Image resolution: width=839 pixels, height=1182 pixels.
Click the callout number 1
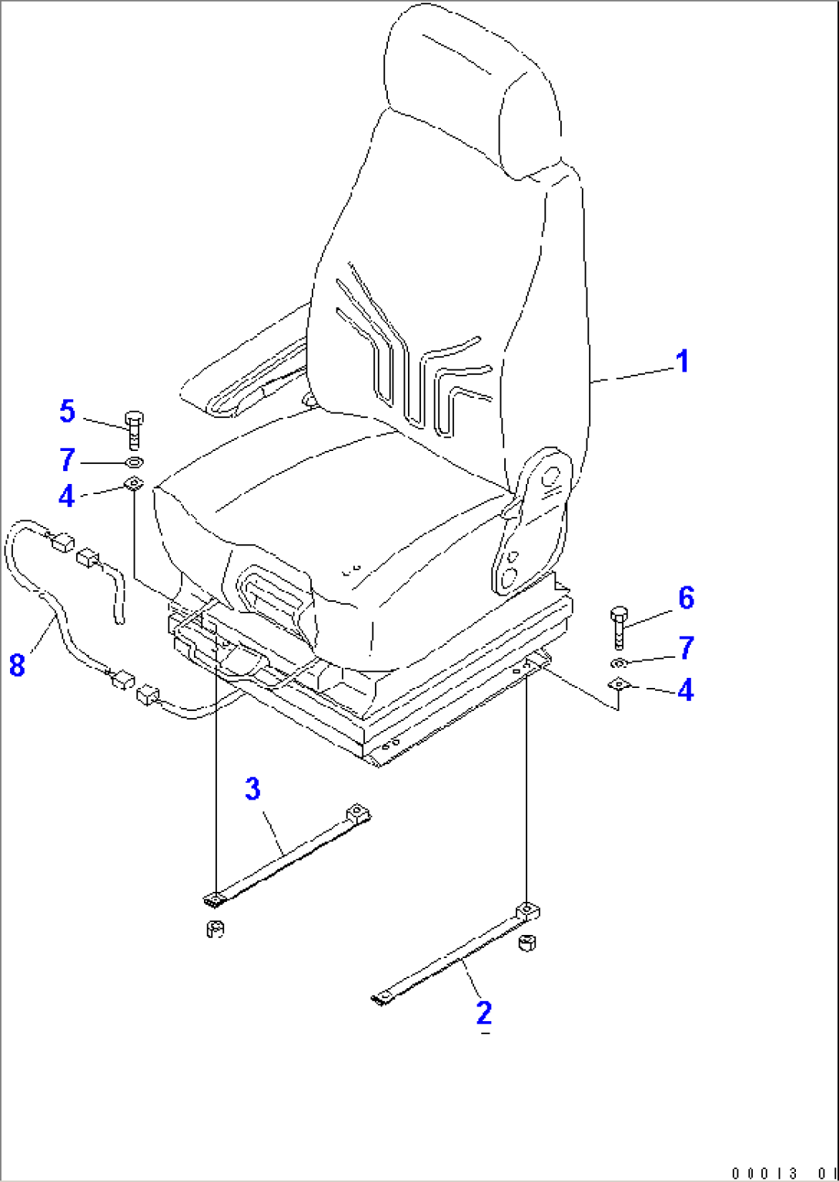[x=683, y=362]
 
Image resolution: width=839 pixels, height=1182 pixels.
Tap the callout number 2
[x=483, y=1013]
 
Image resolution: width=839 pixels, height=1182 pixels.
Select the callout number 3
[x=252, y=790]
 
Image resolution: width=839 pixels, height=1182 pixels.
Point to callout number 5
[x=67, y=411]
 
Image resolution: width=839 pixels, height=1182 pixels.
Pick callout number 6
[x=686, y=599]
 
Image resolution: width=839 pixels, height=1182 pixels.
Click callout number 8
[x=18, y=665]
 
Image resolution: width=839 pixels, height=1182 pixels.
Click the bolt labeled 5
[x=135, y=431]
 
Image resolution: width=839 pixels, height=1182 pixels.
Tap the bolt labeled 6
[x=619, y=628]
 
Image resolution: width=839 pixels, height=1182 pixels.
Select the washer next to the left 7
[x=135, y=462]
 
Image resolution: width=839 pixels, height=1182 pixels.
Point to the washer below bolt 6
[x=618, y=663]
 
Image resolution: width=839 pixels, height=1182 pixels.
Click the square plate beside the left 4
[x=133, y=483]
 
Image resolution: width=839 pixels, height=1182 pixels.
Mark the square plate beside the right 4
[x=618, y=684]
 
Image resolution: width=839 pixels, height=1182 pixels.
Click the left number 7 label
[x=68, y=459]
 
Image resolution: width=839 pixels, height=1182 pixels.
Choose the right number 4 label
[x=686, y=689]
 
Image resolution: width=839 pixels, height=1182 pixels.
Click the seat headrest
[x=473, y=90]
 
